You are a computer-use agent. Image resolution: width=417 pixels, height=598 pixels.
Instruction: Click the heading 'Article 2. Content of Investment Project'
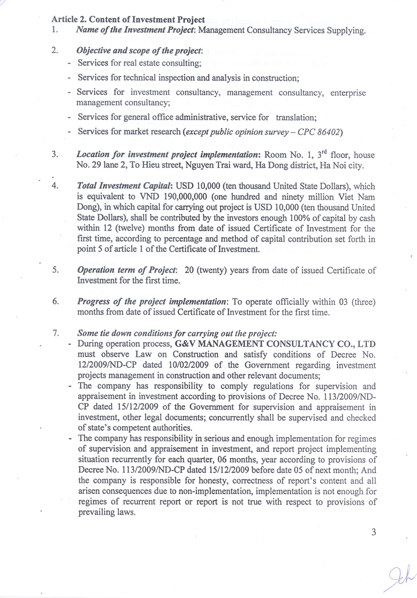coord(128,20)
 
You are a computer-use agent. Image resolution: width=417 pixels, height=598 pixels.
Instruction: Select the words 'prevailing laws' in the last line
coord(106,512)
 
